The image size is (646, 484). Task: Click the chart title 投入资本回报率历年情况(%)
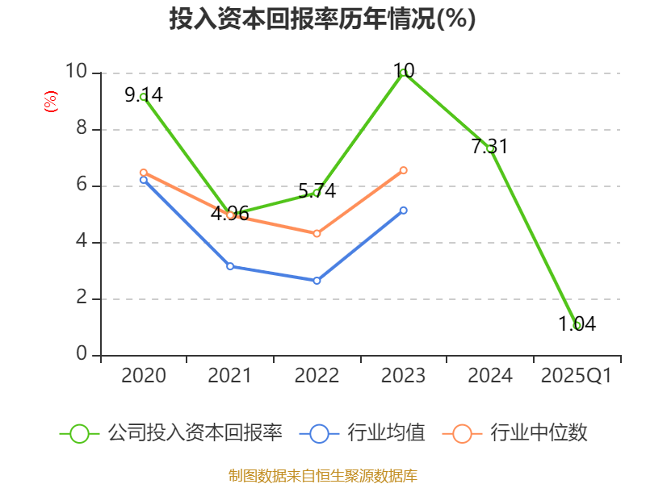pos(322,19)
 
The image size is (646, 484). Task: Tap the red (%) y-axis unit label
pos(50,102)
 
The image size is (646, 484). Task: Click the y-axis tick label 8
pos(81,129)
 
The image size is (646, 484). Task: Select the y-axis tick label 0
pos(81,354)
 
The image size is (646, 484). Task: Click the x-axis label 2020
pos(143,376)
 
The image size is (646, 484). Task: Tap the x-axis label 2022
pos(317,376)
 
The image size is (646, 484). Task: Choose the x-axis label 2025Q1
pos(577,376)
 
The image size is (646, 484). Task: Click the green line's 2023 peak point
pos(404,73)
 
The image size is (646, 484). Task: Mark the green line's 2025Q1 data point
pos(577,325)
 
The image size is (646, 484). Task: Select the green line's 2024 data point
pos(490,148)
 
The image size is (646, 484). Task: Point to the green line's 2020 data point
pos(143,97)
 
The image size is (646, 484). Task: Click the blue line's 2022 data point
pos(317,281)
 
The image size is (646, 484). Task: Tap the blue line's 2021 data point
pos(230,266)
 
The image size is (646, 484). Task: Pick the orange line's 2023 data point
pos(404,170)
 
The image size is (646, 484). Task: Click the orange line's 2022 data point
pos(317,233)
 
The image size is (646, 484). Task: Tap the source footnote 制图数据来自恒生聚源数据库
pos(322,475)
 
